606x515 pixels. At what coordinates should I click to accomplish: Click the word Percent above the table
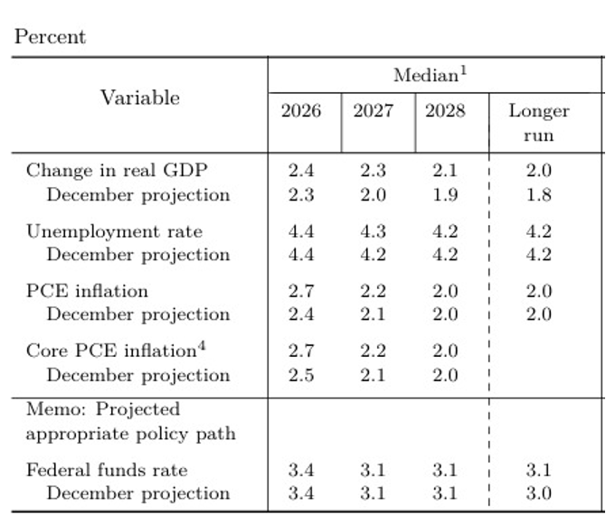(50, 37)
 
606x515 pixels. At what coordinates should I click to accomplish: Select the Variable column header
(139, 98)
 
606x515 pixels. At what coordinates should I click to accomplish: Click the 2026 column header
(300, 111)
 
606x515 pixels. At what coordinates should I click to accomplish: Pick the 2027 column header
(373, 111)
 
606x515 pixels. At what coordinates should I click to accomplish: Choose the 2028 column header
(445, 111)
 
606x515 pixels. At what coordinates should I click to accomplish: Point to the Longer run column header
(538, 123)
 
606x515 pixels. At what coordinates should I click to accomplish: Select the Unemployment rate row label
(114, 231)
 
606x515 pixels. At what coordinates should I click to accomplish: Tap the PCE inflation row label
(87, 291)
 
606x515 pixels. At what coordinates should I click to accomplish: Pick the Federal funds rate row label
(107, 470)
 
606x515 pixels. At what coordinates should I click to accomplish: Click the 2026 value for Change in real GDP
(300, 171)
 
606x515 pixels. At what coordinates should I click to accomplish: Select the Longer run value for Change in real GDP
(538, 171)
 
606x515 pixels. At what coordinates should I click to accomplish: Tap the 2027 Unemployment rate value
(373, 231)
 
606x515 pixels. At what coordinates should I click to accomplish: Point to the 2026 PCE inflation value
(300, 291)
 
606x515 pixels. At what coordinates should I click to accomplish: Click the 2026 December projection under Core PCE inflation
(300, 375)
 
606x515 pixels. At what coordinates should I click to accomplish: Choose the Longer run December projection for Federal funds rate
(538, 493)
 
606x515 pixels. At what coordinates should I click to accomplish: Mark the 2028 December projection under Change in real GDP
(445, 194)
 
